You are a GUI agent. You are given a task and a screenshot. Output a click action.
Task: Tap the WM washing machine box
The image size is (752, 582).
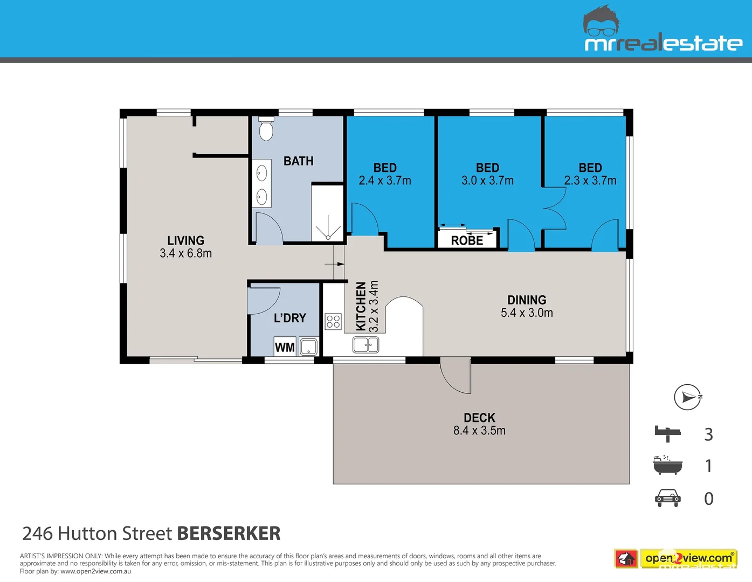285,347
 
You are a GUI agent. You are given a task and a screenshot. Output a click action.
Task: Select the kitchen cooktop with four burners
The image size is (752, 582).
333,322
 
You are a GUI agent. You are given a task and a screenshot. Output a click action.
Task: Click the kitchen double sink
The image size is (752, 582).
365,344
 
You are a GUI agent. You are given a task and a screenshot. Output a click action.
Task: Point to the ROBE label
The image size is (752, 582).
467,240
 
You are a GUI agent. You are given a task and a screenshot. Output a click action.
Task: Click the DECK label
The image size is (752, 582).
479,418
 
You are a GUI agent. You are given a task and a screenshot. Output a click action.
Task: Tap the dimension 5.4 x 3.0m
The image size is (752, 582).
527,313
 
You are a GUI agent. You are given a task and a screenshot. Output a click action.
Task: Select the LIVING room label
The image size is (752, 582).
185,240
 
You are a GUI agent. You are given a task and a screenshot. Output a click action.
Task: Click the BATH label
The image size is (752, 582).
298,161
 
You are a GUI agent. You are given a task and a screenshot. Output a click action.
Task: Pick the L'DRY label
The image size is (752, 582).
289,318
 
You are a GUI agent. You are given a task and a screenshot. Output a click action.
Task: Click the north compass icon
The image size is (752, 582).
688,398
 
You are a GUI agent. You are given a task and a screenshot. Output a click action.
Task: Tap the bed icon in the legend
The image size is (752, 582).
668,433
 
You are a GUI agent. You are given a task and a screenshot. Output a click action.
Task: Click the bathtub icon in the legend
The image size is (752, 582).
667,465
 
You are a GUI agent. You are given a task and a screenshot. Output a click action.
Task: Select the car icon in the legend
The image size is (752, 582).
668,498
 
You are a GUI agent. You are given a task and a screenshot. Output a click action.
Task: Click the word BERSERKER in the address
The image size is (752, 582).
229,533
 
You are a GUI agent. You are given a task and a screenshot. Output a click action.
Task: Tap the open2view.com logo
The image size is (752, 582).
688,558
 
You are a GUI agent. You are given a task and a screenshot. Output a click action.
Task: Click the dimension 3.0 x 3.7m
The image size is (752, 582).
487,181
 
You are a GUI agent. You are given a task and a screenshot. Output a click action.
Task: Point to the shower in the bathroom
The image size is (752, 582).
327,213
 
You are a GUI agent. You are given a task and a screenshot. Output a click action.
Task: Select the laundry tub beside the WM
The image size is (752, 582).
308,347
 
